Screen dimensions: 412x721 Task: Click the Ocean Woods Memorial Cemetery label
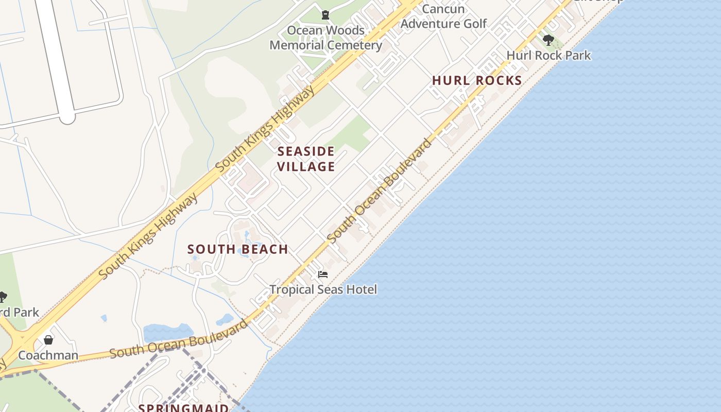pos(325,38)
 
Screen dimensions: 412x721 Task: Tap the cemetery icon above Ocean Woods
pos(325,15)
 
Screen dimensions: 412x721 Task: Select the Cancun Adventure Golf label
pos(443,16)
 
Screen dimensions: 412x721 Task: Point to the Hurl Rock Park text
pos(548,55)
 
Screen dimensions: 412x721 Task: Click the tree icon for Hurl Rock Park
pos(548,39)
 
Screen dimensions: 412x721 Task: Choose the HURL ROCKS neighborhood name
pos(477,81)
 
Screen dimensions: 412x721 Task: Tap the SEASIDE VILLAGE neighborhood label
pos(306,159)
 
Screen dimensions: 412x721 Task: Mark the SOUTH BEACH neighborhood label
pos(237,249)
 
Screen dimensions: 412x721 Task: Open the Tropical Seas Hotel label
pos(323,289)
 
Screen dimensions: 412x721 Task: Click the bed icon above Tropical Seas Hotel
pos(323,274)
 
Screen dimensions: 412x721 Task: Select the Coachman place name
pos(48,355)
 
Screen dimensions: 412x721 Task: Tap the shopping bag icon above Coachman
pos(48,340)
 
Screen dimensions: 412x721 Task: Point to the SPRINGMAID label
pos(183,408)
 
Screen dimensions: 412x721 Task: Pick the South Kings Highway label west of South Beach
pos(148,237)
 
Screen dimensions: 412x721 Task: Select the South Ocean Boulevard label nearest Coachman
pos(178,339)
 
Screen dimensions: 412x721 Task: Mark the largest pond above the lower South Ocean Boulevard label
pos(168,332)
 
